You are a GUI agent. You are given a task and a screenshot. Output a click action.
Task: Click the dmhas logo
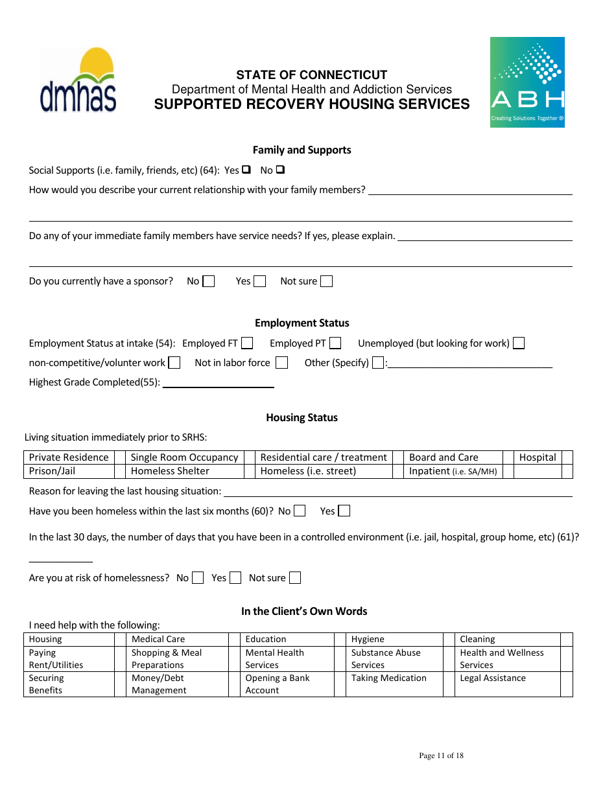pos(78,80)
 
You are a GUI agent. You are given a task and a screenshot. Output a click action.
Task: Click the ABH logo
pos(527,82)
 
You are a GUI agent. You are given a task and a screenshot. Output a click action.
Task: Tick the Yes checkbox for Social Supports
pos(246,170)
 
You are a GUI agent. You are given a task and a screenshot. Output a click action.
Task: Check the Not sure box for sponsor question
pos(327,281)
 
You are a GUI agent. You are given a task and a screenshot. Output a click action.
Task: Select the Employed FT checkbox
pos(246,343)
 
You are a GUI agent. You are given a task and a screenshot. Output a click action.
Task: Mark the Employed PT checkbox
pos(335,343)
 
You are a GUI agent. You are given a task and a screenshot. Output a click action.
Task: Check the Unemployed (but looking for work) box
pos(518,343)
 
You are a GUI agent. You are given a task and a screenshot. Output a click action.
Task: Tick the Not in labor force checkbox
pos(281,363)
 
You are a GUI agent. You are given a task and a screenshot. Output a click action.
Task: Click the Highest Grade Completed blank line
pos(218,382)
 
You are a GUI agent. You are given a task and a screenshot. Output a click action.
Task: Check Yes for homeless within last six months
pos(344,511)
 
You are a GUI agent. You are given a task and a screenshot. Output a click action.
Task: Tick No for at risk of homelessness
pos(198,578)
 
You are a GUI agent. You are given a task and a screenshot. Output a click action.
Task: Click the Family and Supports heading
pos(302,150)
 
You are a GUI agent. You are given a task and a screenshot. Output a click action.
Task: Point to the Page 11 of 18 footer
pos(441,756)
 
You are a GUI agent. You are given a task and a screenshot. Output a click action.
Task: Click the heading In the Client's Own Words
pos(304,611)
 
